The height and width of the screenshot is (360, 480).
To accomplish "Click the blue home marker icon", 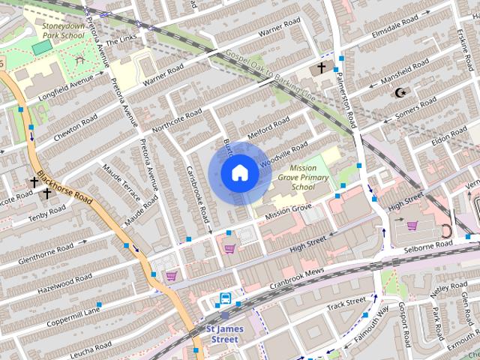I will tap(240, 173).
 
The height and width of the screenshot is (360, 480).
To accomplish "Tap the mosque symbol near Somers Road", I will tap(400, 93).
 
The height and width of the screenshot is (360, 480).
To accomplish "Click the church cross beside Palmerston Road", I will tap(322, 68).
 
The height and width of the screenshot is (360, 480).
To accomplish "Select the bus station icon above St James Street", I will tap(224, 299).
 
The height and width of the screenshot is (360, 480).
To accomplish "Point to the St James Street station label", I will tap(223, 334).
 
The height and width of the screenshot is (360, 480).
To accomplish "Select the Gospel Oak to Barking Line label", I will tap(270, 75).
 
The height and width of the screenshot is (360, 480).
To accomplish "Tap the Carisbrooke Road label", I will tap(196, 193).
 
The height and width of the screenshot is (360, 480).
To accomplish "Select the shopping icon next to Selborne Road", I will tap(412, 225).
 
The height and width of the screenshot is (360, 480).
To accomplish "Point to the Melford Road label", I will tap(269, 127).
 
